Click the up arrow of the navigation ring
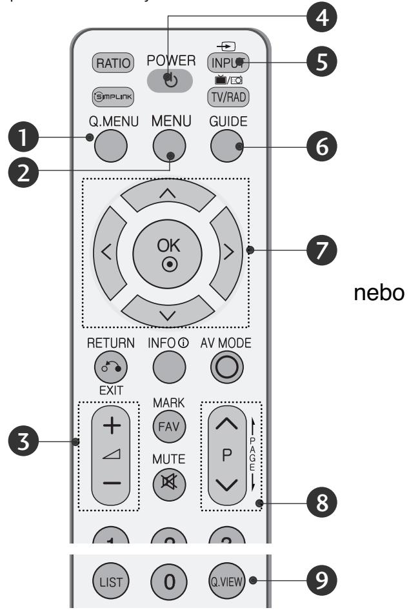pyautogui.click(x=166, y=196)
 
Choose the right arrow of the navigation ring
pyautogui.click(x=228, y=250)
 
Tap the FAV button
pyautogui.click(x=166, y=426)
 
